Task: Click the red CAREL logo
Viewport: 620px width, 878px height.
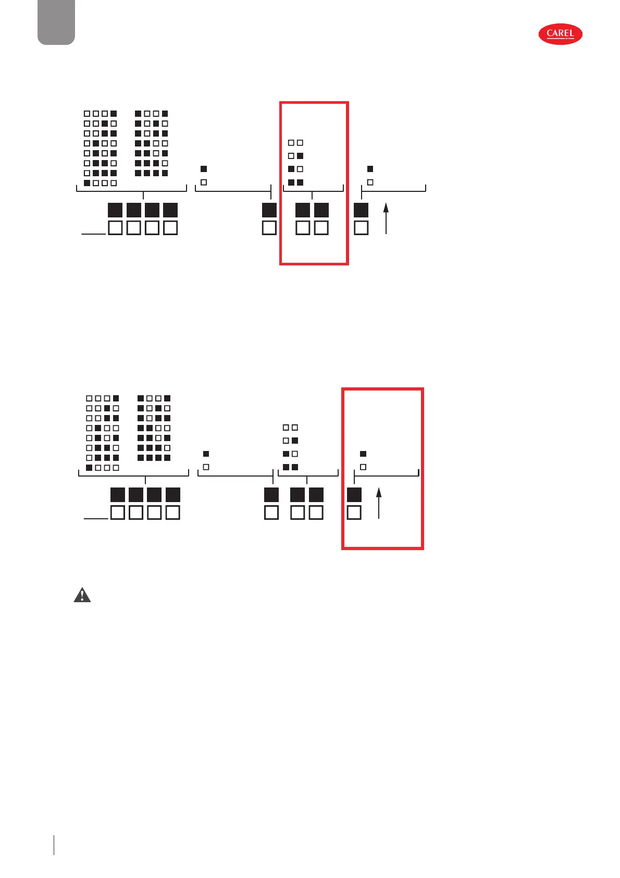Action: pyautogui.click(x=560, y=34)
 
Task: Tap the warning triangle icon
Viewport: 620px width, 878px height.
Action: pyautogui.click(x=82, y=595)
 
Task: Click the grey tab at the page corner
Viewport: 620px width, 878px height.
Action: pyautogui.click(x=56, y=22)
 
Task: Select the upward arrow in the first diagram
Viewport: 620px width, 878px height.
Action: pyautogui.click(x=386, y=218)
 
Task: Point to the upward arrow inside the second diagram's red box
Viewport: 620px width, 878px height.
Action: pyautogui.click(x=379, y=503)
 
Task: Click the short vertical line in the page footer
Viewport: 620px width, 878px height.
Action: pyautogui.click(x=54, y=845)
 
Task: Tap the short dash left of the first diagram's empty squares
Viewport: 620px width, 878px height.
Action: pyautogui.click(x=94, y=234)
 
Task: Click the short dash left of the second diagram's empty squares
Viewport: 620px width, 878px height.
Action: pyautogui.click(x=96, y=519)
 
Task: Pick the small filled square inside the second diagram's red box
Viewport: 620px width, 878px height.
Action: pyautogui.click(x=363, y=454)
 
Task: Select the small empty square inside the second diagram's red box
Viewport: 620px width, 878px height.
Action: pyautogui.click(x=363, y=467)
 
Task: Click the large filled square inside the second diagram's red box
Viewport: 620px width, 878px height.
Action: pyautogui.click(x=354, y=494)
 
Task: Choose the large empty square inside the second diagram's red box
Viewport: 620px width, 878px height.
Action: pyautogui.click(x=354, y=513)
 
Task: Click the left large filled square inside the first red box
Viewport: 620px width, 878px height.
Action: pyautogui.click(x=303, y=210)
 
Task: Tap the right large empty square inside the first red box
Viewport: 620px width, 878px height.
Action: pyautogui.click(x=321, y=228)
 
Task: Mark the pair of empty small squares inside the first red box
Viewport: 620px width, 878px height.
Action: pyautogui.click(x=295, y=142)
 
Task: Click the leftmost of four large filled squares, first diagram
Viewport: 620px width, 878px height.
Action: pyautogui.click(x=115, y=210)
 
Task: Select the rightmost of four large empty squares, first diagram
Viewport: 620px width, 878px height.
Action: pyautogui.click(x=170, y=228)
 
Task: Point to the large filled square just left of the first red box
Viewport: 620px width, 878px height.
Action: pyautogui.click(x=269, y=210)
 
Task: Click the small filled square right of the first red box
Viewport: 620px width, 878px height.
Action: pyautogui.click(x=370, y=169)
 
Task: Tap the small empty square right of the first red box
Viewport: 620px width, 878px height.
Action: pyautogui.click(x=370, y=182)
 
